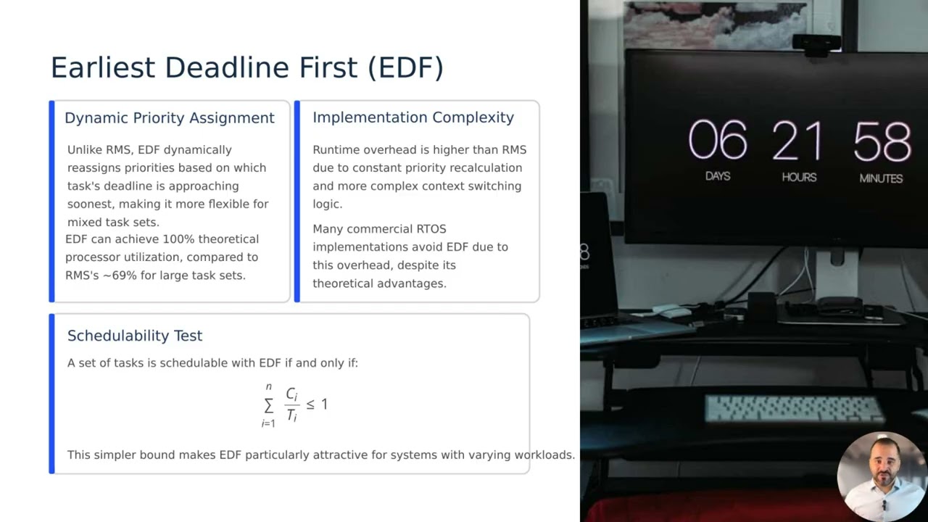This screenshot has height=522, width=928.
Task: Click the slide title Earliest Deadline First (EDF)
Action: (x=246, y=67)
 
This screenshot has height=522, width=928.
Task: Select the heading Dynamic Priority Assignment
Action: (x=169, y=118)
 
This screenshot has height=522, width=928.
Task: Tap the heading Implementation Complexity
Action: (x=413, y=117)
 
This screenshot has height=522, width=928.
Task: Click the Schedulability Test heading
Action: (x=135, y=336)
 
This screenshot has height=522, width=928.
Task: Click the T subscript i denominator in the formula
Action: (x=291, y=415)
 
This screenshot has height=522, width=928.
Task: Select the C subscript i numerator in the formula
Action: (x=291, y=394)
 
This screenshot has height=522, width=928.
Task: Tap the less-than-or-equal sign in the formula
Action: (x=310, y=405)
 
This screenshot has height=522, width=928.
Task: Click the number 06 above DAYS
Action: (x=717, y=141)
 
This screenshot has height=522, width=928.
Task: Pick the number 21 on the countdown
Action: (x=797, y=141)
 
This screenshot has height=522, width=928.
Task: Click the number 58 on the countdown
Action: (x=882, y=141)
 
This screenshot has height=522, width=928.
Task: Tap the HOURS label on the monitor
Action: (x=799, y=178)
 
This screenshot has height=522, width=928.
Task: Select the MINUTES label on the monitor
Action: (x=881, y=178)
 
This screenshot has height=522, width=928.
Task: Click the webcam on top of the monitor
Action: (x=816, y=42)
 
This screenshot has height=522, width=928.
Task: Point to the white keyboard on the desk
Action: (x=794, y=408)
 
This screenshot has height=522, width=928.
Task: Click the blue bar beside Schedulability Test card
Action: (x=51, y=394)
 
